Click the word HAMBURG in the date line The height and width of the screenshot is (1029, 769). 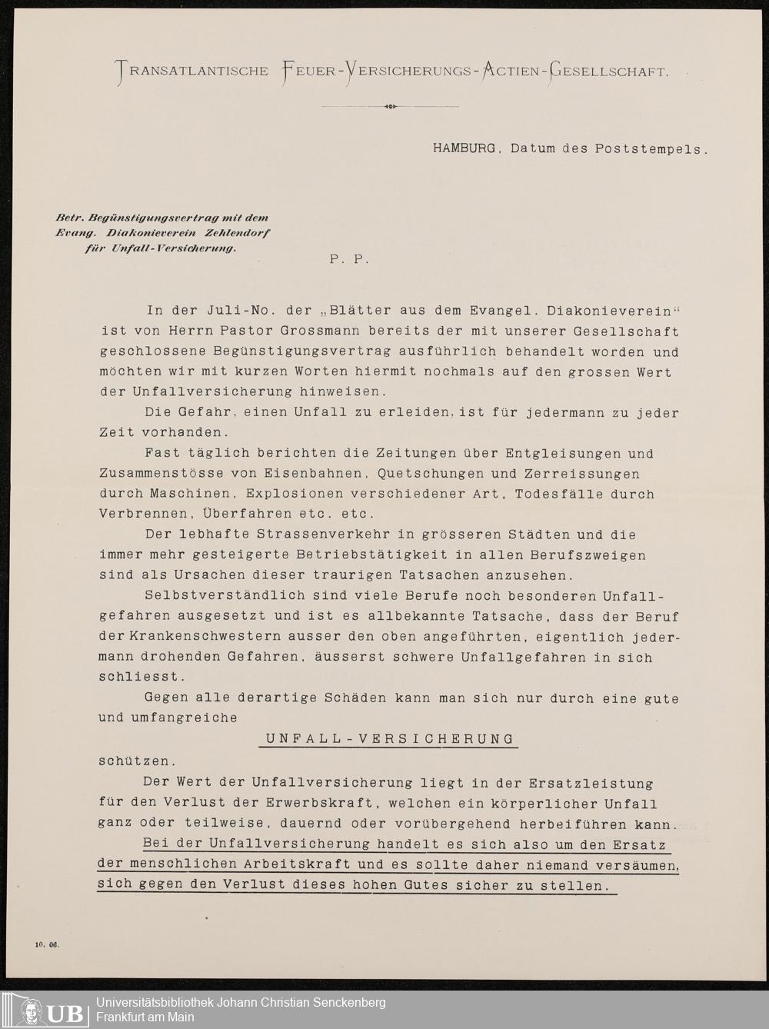[464, 148]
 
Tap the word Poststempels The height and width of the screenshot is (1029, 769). [650, 148]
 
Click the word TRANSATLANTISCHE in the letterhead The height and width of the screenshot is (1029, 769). [192, 72]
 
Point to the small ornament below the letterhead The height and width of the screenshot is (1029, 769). [390, 106]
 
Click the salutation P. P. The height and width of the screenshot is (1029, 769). [350, 259]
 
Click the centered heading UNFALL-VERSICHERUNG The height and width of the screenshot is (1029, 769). [390, 738]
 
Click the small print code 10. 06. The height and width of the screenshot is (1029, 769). [46, 945]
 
